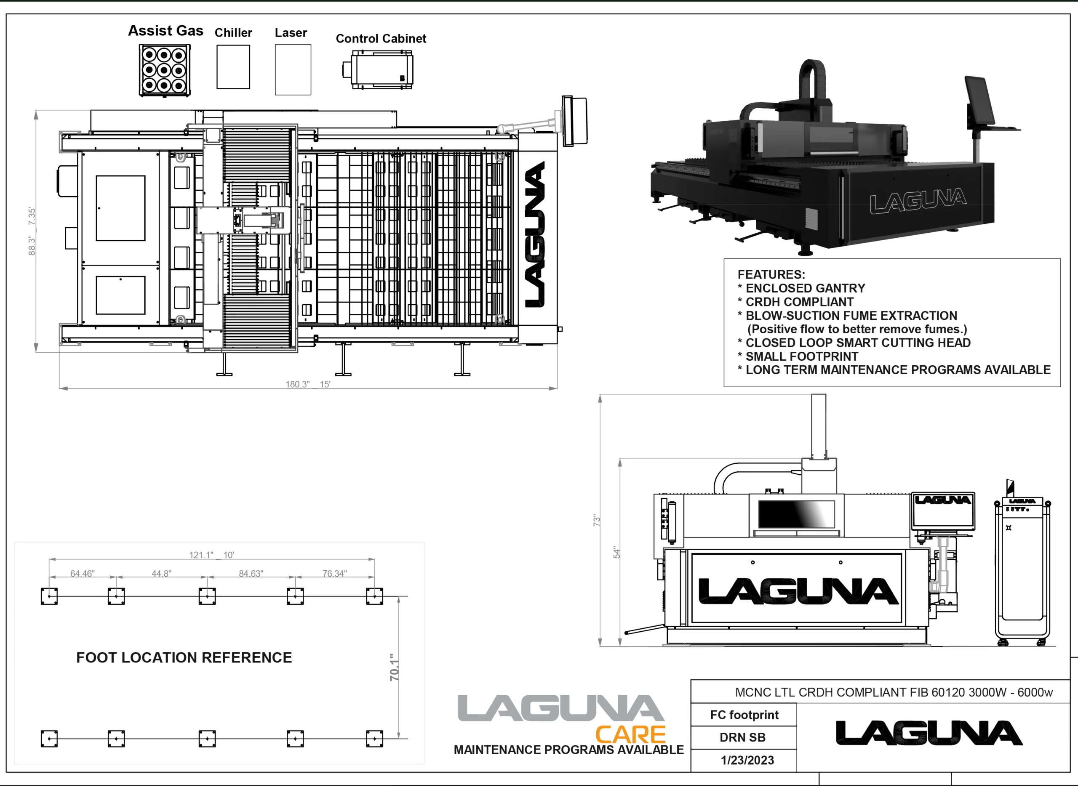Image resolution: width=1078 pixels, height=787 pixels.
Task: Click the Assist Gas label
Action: (x=165, y=31)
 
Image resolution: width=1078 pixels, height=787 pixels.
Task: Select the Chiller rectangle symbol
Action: (x=233, y=66)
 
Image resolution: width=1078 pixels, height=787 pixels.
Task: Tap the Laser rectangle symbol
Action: (x=293, y=69)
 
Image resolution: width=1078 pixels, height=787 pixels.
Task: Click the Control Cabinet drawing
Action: (x=377, y=69)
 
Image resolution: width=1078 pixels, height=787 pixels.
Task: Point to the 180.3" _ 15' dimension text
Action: (x=308, y=384)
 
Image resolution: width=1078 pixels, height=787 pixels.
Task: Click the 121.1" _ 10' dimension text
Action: (x=211, y=555)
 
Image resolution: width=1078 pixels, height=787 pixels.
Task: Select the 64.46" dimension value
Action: (x=83, y=573)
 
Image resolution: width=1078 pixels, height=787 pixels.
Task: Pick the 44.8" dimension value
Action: (x=161, y=573)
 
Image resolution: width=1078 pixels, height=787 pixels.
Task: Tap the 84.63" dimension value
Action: (x=251, y=573)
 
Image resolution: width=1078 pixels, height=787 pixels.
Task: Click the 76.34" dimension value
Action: (x=334, y=573)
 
